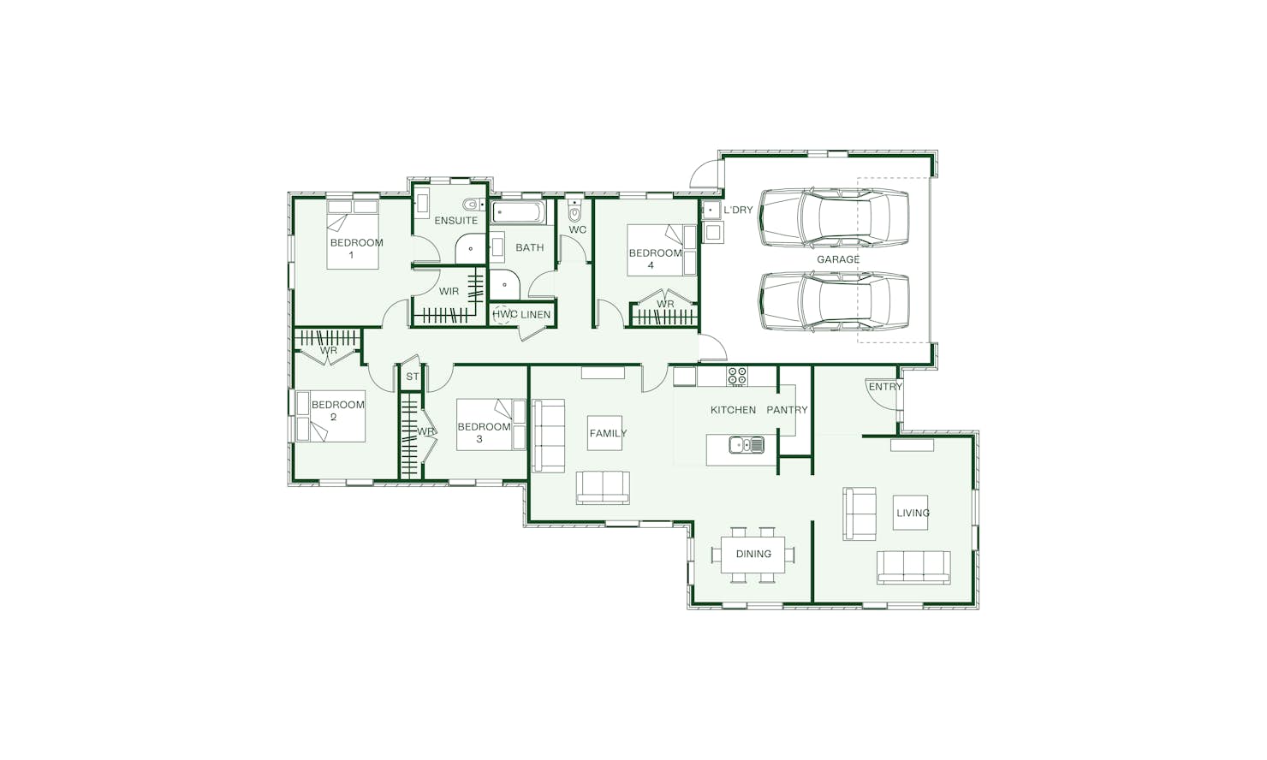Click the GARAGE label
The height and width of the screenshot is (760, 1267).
tap(838, 259)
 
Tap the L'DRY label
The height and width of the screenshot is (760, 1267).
tap(738, 210)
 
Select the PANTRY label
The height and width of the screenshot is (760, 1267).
tap(787, 409)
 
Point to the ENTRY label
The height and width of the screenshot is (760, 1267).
tap(885, 387)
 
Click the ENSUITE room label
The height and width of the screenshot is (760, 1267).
tap(456, 221)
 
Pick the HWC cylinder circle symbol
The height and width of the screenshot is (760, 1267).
tap(501, 314)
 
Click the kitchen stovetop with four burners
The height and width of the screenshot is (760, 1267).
tap(737, 376)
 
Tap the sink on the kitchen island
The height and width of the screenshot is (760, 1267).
tap(747, 445)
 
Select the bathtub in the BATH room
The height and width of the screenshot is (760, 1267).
tap(519, 212)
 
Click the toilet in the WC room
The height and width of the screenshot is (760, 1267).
tap(574, 211)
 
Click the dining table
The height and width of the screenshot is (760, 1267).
tap(753, 555)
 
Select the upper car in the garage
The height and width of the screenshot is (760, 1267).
tap(834, 218)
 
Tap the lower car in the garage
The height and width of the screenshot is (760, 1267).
tap(834, 301)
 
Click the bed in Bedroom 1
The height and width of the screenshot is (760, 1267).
tap(353, 234)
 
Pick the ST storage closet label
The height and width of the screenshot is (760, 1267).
tap(413, 377)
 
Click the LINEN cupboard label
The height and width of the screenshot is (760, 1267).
tap(535, 314)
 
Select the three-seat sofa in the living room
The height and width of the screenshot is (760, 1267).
tap(913, 567)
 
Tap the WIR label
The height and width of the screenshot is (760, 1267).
tap(449, 291)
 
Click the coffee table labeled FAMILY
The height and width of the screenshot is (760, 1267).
tap(604, 433)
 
